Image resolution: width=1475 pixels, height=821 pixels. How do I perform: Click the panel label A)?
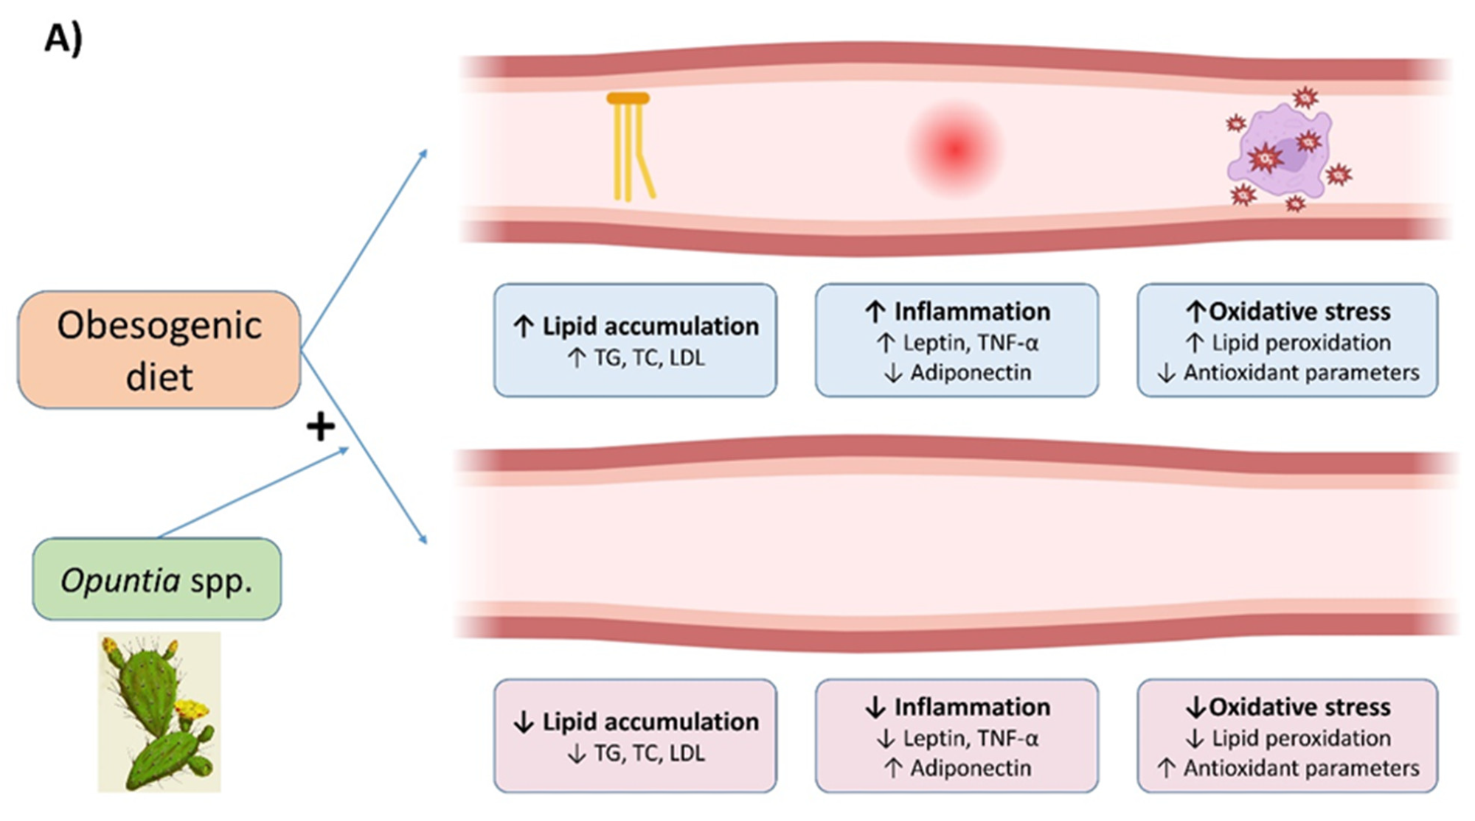pos(63,38)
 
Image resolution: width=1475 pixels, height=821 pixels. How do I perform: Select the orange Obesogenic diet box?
pos(159,350)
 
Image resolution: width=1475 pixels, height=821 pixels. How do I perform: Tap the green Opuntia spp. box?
pos(156,580)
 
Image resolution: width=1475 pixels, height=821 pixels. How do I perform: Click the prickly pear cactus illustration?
pos(159,712)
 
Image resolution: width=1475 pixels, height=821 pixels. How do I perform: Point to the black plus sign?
pos(321,426)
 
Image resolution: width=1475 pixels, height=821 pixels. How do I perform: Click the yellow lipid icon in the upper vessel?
pos(629,147)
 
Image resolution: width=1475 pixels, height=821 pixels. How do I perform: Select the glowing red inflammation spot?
pos(954,149)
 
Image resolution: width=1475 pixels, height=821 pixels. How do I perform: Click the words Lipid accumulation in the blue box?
pos(650,326)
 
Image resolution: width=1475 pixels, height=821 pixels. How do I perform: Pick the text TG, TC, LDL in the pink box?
pos(649,753)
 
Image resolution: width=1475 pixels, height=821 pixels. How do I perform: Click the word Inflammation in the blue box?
pos(972,312)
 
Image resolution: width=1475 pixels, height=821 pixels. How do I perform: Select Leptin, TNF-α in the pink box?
pos(971,738)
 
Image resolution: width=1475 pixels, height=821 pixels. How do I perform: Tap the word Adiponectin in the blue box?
pos(971,373)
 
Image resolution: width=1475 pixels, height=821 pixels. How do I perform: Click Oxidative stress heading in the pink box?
pos(1299,708)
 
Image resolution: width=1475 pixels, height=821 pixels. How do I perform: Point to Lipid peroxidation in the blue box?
pos(1301,343)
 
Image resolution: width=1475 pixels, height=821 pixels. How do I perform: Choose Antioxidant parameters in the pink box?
pos(1301,769)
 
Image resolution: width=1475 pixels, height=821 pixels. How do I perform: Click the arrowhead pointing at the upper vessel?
pos(423,153)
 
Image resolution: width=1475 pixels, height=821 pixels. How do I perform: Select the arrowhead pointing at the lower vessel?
pos(423,539)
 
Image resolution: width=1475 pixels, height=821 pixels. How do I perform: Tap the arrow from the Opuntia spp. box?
pos(251,492)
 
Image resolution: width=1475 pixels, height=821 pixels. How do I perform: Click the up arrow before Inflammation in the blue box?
pos(875,312)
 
